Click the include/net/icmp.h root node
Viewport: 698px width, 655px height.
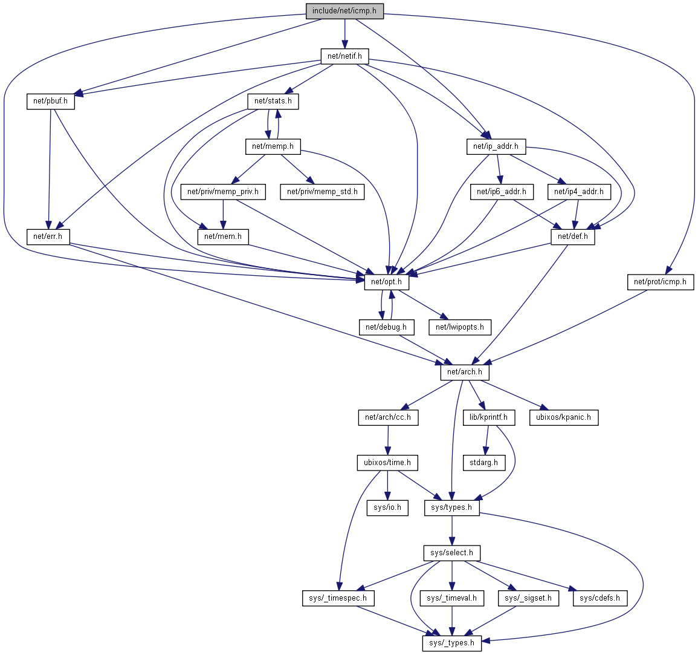344,11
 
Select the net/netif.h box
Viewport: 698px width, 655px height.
344,56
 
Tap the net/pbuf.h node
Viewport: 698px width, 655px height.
50,102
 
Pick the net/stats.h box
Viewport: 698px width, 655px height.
273,101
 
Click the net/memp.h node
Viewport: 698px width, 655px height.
273,146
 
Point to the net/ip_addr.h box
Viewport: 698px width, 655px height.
496,146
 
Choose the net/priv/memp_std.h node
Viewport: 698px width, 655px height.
322,192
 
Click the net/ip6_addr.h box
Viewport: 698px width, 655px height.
501,192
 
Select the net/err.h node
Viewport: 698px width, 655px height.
48,236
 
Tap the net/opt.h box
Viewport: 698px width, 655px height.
386,282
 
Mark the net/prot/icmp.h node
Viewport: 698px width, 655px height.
660,282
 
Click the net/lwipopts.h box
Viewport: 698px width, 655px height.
460,327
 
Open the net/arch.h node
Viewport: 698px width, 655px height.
465,372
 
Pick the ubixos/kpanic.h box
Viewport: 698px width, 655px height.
563,417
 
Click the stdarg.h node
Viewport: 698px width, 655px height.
483,463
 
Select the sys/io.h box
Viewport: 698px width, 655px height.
387,507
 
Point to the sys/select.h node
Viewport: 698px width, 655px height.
451,553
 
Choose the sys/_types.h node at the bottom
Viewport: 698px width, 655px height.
451,643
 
